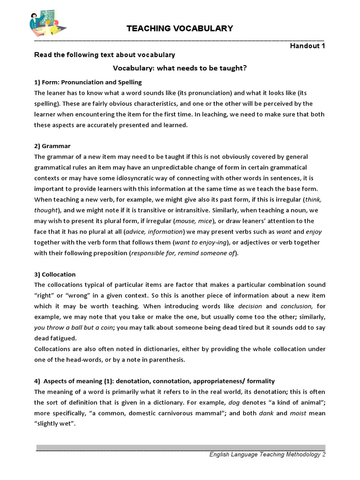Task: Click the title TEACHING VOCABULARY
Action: click(x=180, y=29)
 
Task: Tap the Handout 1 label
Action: click(x=307, y=45)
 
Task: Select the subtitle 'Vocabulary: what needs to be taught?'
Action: click(x=180, y=68)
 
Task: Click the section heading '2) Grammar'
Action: click(x=52, y=146)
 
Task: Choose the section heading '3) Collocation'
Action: click(x=55, y=274)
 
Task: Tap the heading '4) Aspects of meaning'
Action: click(x=155, y=381)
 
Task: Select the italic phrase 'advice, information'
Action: click(x=154, y=232)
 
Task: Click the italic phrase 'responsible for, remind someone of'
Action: click(x=183, y=253)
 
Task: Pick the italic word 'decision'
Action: click(x=250, y=306)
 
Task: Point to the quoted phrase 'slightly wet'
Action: click(x=54, y=424)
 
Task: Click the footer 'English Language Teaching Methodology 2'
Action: click(x=267, y=455)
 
